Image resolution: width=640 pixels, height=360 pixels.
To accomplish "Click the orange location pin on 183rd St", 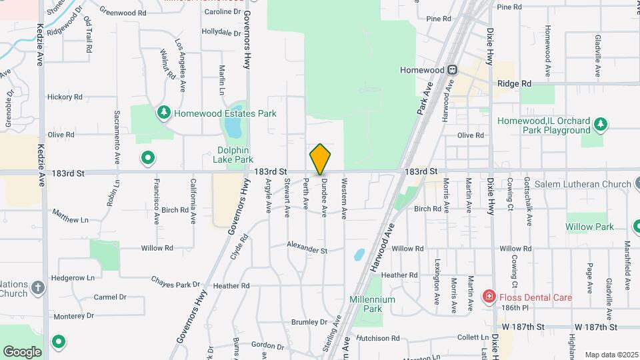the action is [320, 159].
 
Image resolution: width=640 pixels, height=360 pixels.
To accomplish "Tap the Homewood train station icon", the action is [452, 69].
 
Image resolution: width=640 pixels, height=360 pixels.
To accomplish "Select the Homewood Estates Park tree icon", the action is [164, 113].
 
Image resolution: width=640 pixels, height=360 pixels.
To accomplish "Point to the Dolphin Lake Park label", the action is [233, 155].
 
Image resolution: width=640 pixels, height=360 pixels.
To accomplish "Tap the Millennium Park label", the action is [372, 304].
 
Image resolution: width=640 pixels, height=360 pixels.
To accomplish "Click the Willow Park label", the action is [589, 227].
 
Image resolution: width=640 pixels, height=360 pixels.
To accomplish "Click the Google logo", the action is [22, 351].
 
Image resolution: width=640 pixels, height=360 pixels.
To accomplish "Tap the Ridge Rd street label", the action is [514, 83].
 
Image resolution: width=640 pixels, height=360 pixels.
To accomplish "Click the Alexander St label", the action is [307, 251].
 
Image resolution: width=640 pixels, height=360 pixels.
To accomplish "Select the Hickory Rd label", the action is [65, 97].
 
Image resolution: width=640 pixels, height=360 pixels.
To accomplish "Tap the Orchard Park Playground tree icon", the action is [601, 123].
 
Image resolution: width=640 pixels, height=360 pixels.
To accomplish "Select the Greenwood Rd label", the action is [123, 12].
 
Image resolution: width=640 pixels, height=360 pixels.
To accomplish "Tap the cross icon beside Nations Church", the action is [38, 288].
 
